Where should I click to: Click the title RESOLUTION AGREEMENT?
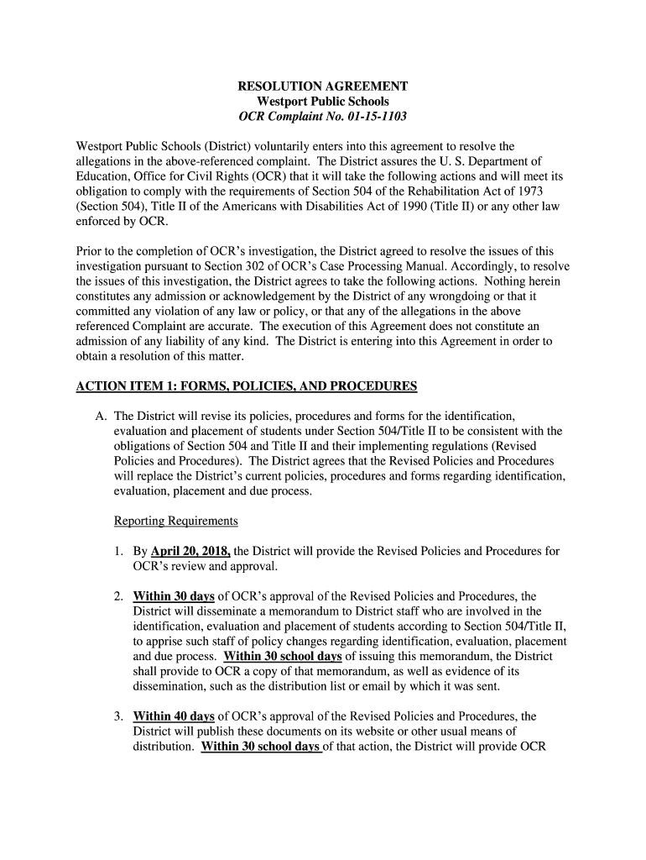(x=323, y=87)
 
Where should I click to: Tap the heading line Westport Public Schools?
(x=323, y=102)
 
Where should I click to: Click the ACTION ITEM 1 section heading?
(x=247, y=386)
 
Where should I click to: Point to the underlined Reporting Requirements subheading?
(x=176, y=522)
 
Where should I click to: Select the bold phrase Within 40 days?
(x=174, y=716)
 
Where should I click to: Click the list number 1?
(x=120, y=552)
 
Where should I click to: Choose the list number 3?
(x=120, y=716)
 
